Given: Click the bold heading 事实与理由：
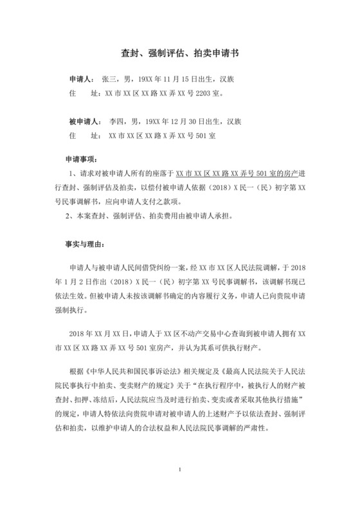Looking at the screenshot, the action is point(88,245).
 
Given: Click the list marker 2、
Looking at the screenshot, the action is point(73,216).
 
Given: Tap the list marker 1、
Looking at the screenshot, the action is point(73,175).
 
